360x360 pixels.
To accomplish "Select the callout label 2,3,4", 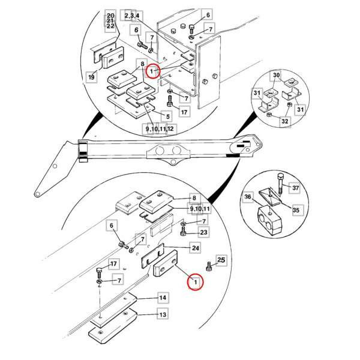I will pyautogui.click(x=133, y=14).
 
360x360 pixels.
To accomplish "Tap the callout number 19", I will pyautogui.click(x=91, y=77).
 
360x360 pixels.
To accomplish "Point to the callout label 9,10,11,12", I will pyautogui.click(x=159, y=129).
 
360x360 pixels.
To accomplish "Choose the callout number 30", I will pyautogui.click(x=277, y=76).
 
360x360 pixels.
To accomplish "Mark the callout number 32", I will pyautogui.click(x=285, y=121).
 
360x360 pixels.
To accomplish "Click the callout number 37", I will pyautogui.click(x=295, y=187).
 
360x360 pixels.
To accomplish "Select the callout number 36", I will pyautogui.click(x=247, y=196).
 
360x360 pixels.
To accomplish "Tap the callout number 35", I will pyautogui.click(x=295, y=211).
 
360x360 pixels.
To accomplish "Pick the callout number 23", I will pyautogui.click(x=203, y=233).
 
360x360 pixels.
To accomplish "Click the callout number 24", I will pyautogui.click(x=195, y=247).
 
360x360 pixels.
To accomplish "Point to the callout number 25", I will pyautogui.click(x=221, y=260).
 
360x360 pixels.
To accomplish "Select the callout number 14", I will pyautogui.click(x=162, y=298).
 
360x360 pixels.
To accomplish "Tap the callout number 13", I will pyautogui.click(x=162, y=314).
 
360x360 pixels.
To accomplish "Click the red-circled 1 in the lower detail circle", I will pyautogui.click(x=194, y=281).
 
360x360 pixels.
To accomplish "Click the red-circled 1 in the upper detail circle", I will pyautogui.click(x=153, y=71).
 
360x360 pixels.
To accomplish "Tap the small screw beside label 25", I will pyautogui.click(x=209, y=265).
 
